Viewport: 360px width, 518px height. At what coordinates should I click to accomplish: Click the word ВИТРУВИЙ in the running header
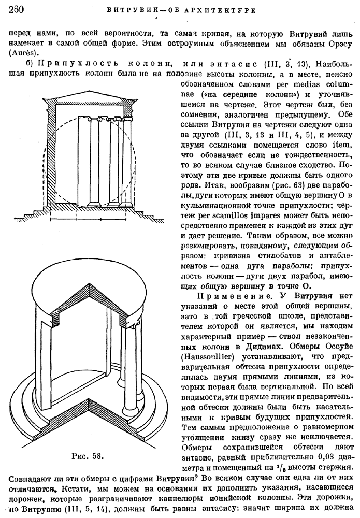pyautogui.click(x=129, y=9)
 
